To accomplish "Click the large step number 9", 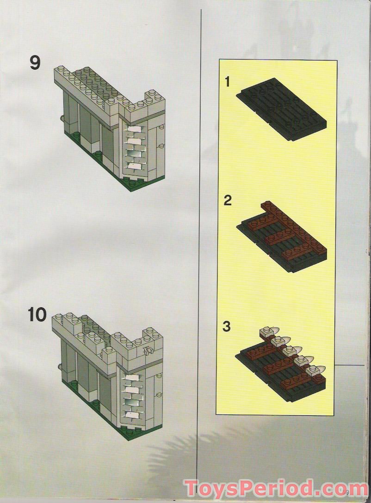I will point(35,62).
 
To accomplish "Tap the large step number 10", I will point(37,315).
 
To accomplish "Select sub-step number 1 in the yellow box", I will point(227,82).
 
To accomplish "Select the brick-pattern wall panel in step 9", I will point(135,147).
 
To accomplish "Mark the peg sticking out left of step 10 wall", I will point(60,367).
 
